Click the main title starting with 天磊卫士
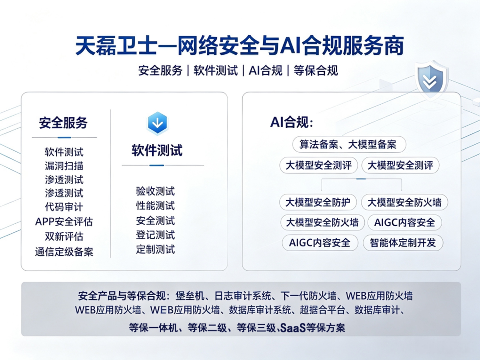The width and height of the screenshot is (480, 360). [239, 46]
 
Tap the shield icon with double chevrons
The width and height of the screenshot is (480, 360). [430, 80]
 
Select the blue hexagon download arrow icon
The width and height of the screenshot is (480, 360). [157, 123]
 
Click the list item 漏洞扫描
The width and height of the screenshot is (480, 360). [64, 166]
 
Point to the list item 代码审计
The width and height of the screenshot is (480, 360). [64, 207]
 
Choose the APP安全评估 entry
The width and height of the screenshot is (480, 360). [64, 222]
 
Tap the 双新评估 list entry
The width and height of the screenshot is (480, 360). [64, 236]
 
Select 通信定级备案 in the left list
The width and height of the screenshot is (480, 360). [64, 252]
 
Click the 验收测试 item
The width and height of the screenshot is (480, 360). [155, 191]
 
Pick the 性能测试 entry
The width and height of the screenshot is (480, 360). [155, 206]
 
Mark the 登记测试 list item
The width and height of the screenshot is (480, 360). [155, 235]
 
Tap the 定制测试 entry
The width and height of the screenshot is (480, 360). [155, 249]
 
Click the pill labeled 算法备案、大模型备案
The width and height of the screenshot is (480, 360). [349, 144]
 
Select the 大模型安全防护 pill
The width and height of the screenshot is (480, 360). [318, 202]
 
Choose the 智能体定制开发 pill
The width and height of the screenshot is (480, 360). [403, 243]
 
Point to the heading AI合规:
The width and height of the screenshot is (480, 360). [292, 122]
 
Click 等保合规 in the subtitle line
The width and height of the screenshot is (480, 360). [316, 70]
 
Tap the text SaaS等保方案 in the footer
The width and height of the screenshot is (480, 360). [313, 328]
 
